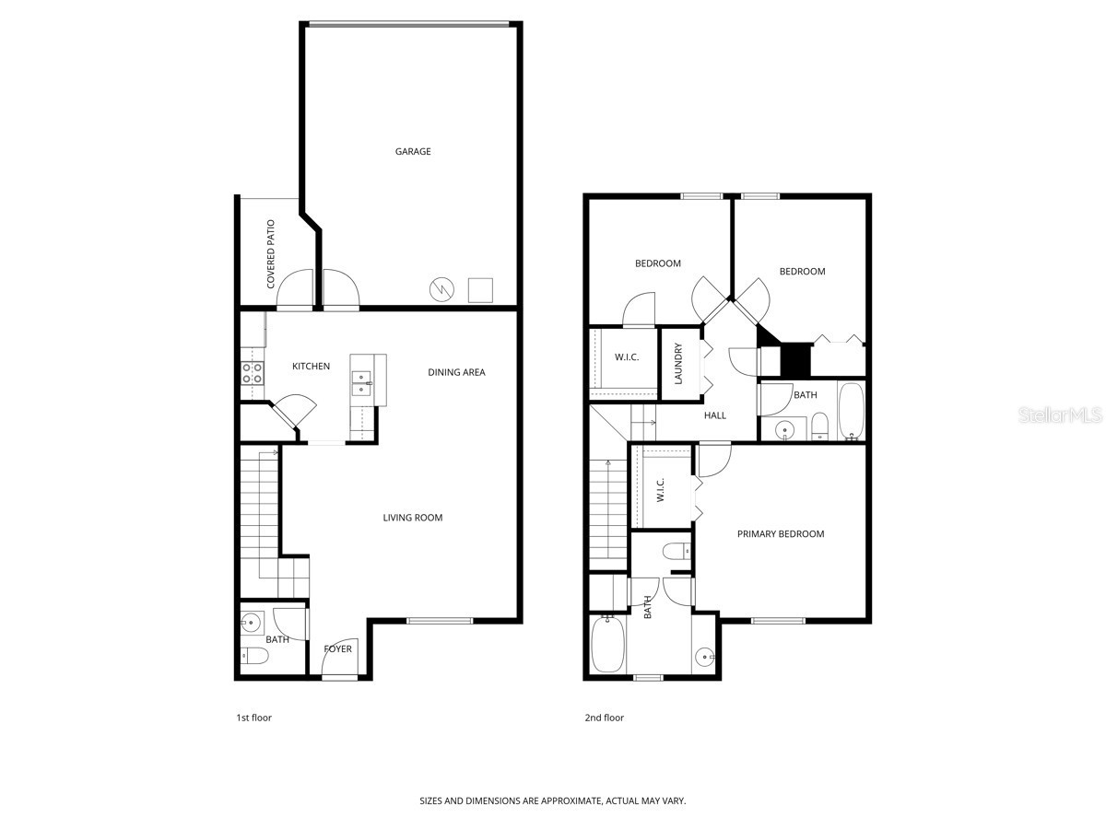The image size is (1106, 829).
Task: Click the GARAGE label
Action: [413, 152]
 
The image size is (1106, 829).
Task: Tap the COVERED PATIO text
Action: [271, 254]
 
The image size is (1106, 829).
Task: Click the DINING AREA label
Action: [456, 372]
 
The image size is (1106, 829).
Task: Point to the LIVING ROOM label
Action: [413, 518]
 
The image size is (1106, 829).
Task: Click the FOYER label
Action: [337, 649]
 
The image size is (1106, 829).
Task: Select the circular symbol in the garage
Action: [440, 289]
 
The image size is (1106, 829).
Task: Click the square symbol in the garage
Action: [481, 289]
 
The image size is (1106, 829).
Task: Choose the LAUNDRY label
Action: [678, 364]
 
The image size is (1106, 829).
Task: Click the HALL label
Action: [715, 415]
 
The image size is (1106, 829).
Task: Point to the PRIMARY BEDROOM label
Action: [781, 534]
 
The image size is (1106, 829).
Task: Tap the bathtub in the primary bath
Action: [608, 645]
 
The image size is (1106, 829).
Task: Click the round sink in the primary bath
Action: [705, 657]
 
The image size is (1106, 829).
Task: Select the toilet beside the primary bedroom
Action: [676, 552]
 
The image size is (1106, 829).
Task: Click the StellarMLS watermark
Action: [1060, 415]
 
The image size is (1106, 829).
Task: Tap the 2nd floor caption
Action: [605, 718]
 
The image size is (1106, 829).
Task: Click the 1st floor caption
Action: [253, 718]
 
